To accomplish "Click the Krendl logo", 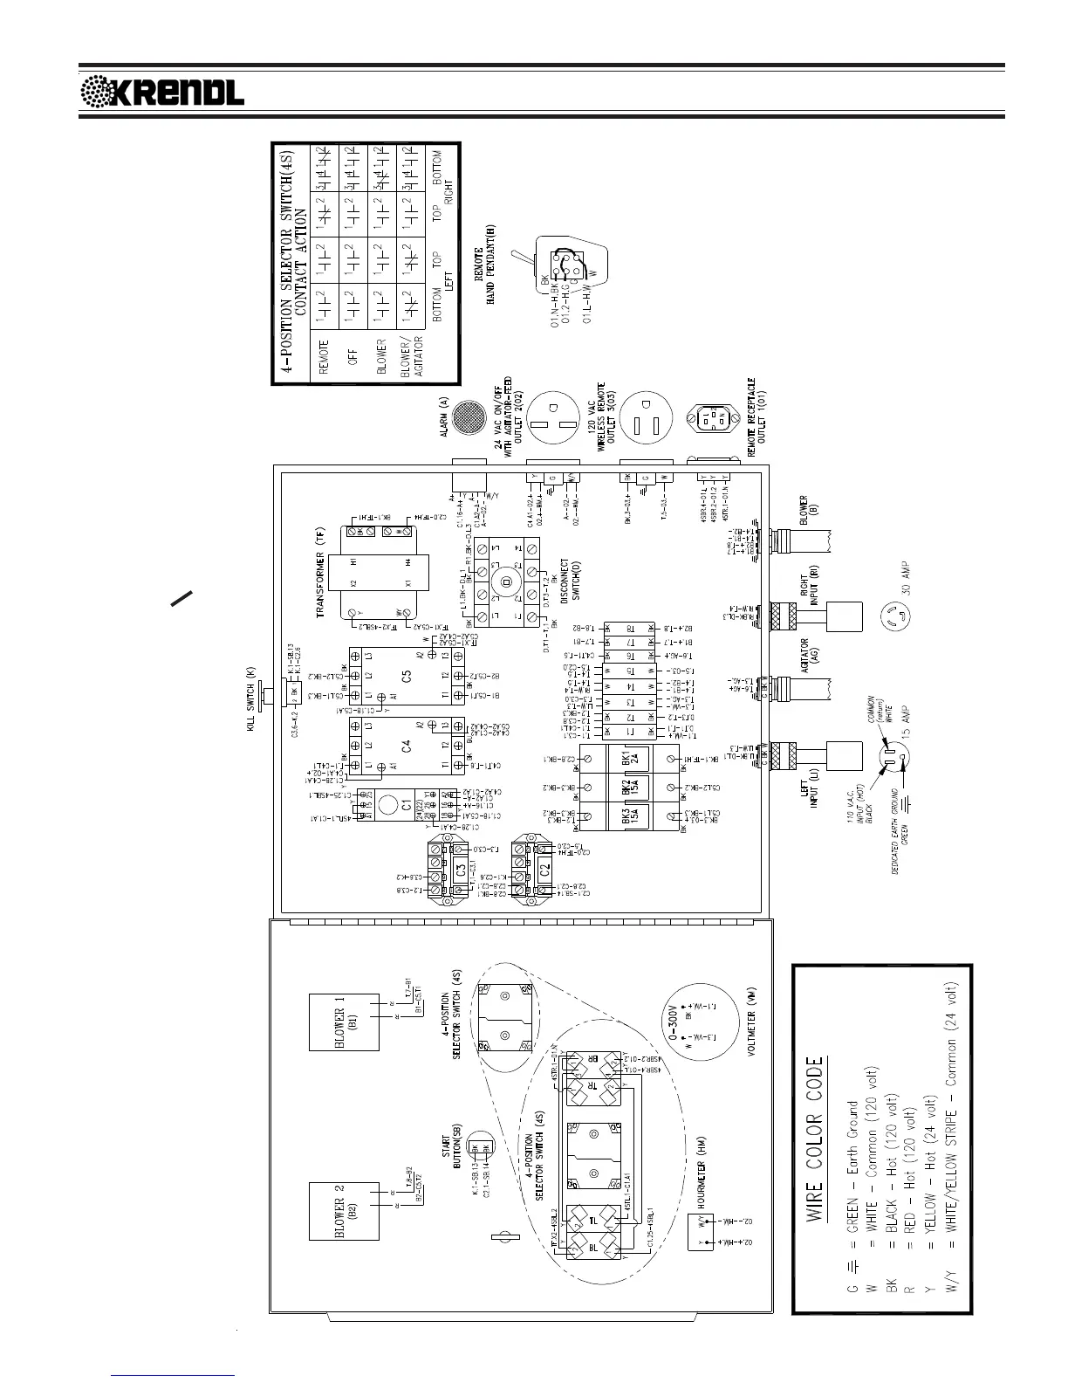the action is (x=162, y=91).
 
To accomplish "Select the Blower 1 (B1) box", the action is (x=344, y=1022).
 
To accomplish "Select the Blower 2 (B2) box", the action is (x=344, y=1211).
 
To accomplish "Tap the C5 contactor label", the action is (x=406, y=676).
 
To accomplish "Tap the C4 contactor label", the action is (x=406, y=747).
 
